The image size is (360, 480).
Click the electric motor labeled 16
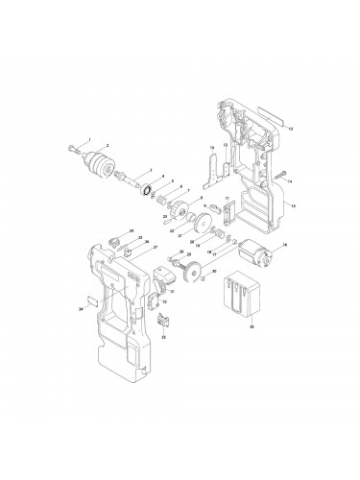256,253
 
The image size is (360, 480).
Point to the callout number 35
252,327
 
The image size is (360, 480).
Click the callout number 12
226,144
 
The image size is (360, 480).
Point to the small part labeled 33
161,321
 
